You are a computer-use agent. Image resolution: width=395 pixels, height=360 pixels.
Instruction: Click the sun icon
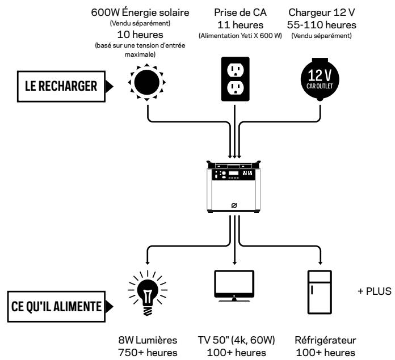point(147,82)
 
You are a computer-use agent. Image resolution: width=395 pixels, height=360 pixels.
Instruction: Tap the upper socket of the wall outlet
point(236,70)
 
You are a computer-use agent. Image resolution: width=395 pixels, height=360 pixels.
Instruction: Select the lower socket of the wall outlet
point(236,88)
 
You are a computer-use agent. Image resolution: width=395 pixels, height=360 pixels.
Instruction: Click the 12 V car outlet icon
point(320,79)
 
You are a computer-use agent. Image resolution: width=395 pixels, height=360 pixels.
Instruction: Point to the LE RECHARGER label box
point(61,86)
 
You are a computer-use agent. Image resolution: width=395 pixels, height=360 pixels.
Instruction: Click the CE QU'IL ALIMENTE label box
point(56,306)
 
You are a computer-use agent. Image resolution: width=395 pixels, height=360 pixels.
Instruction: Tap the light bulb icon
point(148,293)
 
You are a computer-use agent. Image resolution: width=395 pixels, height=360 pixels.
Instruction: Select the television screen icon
point(234,286)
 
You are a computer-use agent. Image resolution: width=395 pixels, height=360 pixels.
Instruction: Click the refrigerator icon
point(320,292)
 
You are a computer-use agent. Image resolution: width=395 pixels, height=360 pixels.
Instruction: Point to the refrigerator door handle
point(312,290)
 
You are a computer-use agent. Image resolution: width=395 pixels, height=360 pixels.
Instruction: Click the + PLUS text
point(375,291)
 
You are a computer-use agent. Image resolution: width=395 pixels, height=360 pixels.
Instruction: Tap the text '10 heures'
point(140,35)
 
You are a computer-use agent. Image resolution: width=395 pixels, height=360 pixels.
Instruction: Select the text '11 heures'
point(240,25)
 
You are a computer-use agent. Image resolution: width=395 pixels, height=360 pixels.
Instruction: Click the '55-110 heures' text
point(322,25)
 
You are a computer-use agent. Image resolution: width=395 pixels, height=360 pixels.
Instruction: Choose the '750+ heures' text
point(148,353)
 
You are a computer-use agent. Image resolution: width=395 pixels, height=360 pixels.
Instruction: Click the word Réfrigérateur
point(325,340)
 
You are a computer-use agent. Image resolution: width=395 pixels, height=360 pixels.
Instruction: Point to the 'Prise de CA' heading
point(240,12)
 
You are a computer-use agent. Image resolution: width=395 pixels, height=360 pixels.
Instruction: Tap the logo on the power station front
point(234,206)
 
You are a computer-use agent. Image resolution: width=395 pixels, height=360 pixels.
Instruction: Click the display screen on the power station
point(233,173)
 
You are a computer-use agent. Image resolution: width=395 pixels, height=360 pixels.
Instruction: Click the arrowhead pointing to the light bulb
point(148,262)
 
